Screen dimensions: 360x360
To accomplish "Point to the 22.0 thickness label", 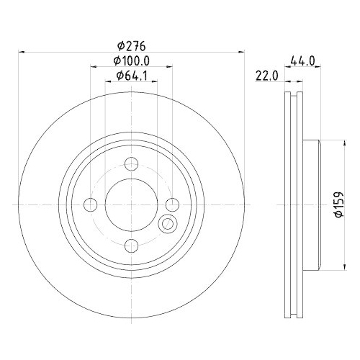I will tap(266, 77).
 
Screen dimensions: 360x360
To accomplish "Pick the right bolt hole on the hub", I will tap(171, 204).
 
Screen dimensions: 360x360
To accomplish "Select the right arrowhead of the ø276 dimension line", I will tap(240, 52).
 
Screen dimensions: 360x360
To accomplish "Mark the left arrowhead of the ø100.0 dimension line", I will tap(93, 68).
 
